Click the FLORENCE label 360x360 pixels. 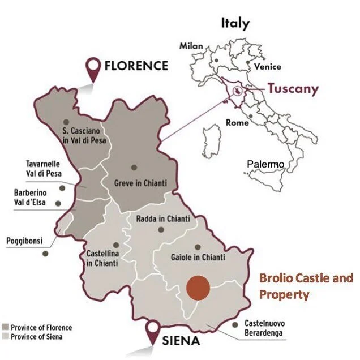point(136,66)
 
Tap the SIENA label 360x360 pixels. point(181,341)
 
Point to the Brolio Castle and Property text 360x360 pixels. point(306,286)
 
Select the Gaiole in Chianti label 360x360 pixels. point(196,258)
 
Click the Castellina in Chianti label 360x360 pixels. point(102,259)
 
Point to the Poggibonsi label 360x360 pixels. point(25,241)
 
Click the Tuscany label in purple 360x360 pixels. point(293,88)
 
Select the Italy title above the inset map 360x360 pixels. point(235,23)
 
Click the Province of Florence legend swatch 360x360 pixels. point(6,328)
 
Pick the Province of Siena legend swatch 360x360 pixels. point(6,337)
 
